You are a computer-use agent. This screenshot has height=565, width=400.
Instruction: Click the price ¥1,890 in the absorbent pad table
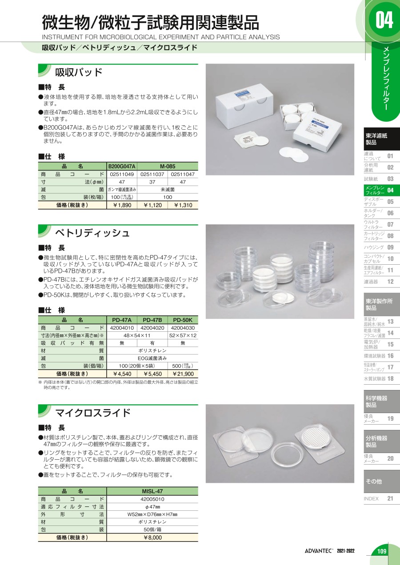click(x=122, y=205)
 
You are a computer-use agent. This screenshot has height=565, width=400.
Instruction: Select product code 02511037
click(x=152, y=174)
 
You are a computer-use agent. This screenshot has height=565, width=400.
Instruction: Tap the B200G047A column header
click(x=122, y=167)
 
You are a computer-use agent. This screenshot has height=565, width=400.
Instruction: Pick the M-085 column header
click(x=168, y=167)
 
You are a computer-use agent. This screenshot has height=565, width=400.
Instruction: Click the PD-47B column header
click(x=152, y=320)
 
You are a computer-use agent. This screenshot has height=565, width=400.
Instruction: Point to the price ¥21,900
click(x=183, y=374)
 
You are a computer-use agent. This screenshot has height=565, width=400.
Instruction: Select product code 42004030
click(x=183, y=328)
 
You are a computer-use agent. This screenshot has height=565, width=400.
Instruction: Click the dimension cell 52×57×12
click(x=183, y=335)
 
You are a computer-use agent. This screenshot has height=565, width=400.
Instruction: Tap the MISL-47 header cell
click(x=152, y=491)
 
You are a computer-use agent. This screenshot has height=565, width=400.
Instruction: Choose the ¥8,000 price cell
click(x=152, y=537)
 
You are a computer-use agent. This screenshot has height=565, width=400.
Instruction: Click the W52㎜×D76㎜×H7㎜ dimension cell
click(x=152, y=514)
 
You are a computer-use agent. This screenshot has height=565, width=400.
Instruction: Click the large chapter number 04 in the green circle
click(x=384, y=20)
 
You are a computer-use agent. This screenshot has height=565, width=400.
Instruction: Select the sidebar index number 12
click(x=390, y=282)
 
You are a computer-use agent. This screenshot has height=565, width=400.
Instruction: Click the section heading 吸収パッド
click(x=79, y=72)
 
